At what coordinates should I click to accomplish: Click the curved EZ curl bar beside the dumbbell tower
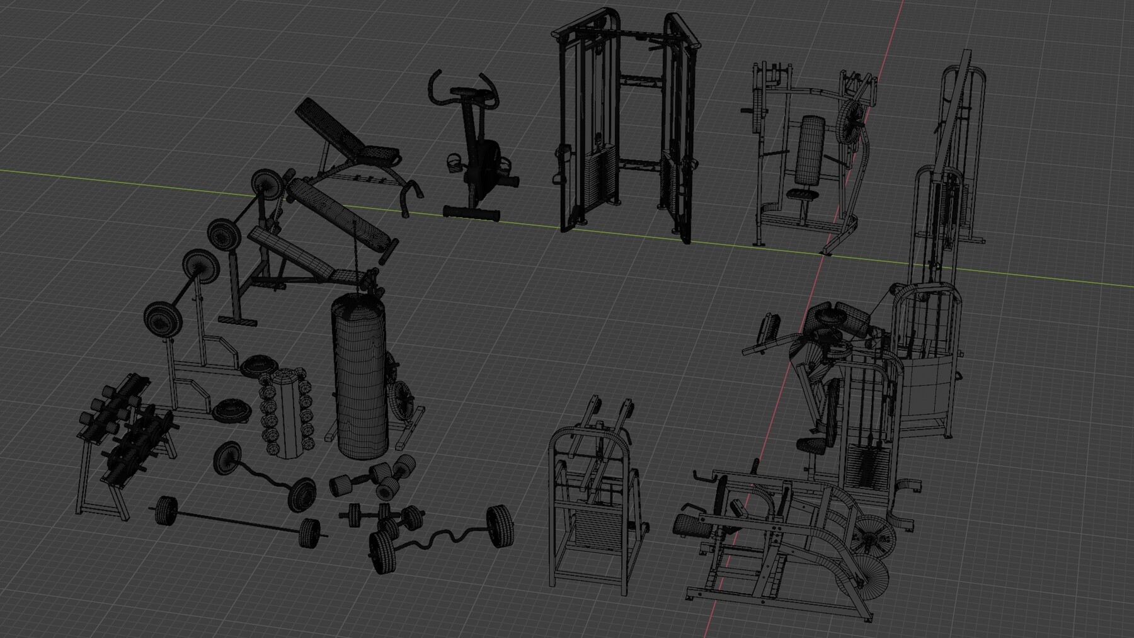pos(265,472)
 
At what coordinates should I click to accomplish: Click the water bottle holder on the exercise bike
pos(454,162)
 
